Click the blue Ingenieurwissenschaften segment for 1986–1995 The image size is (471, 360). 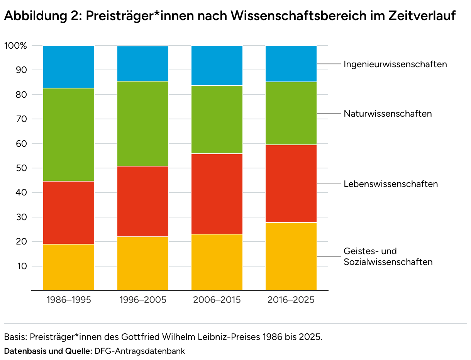point(69,67)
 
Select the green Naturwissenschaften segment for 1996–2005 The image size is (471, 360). point(143,124)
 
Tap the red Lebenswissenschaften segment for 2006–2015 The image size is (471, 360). point(217,194)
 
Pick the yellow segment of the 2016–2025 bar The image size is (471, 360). point(291,256)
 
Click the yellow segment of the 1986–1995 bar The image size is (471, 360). point(69,267)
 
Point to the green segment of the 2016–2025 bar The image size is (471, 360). point(291,114)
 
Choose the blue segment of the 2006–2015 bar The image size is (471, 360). point(217,65)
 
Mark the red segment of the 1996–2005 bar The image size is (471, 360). point(143,201)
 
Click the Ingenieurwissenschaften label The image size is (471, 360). point(395,65)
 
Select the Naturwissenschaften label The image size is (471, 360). point(388,114)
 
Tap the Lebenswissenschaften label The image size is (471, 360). point(391,184)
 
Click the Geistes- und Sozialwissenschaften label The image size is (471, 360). point(388,256)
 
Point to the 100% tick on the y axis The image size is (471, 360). point(16,46)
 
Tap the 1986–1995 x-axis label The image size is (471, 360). point(69,300)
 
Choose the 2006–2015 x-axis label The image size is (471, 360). point(217,300)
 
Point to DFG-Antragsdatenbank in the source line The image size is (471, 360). point(140,351)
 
